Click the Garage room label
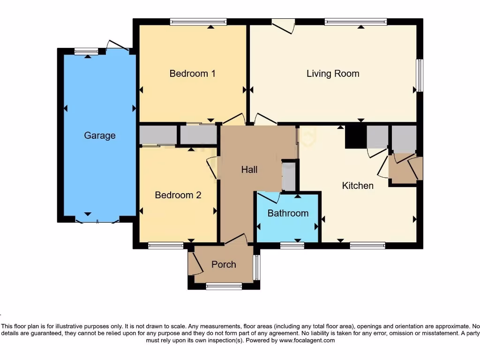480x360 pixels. [x=99, y=135]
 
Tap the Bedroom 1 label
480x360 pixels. [x=192, y=74]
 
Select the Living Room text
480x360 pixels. [x=333, y=74]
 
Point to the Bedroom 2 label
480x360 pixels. [x=178, y=195]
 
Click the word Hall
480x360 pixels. [x=249, y=170]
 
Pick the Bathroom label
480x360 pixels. [x=288, y=213]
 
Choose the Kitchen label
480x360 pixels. [x=358, y=186]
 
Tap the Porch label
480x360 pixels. [x=224, y=264]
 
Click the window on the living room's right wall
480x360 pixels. [x=420, y=75]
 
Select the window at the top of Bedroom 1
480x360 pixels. [x=198, y=21]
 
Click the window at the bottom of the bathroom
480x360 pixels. [x=292, y=245]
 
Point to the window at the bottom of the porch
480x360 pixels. [x=224, y=286]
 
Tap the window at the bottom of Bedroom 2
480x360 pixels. [x=166, y=245]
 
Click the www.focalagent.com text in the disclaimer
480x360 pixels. [x=307, y=340]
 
